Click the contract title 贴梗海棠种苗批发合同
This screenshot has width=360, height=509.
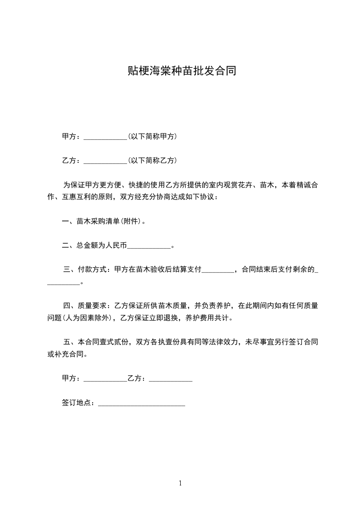coord(181,71)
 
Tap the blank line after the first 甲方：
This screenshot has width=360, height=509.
coord(106,137)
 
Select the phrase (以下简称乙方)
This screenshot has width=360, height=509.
coord(153,161)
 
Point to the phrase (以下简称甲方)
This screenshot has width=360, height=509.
coord(153,137)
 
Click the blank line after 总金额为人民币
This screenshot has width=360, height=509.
coord(149,246)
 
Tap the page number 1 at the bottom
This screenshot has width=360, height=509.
coord(180,483)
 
